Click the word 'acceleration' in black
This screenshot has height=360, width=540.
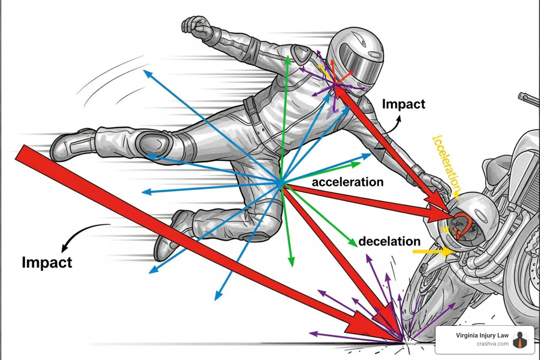tap(347, 182)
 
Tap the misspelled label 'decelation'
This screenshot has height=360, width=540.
tap(389, 242)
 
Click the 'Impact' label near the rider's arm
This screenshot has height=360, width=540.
tap(403, 104)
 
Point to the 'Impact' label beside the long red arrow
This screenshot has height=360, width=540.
tap(47, 263)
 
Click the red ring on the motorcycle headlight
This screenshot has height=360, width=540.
tap(461, 227)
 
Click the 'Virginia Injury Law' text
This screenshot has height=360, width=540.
tap(482, 335)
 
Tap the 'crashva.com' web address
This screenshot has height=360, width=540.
tap(492, 344)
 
